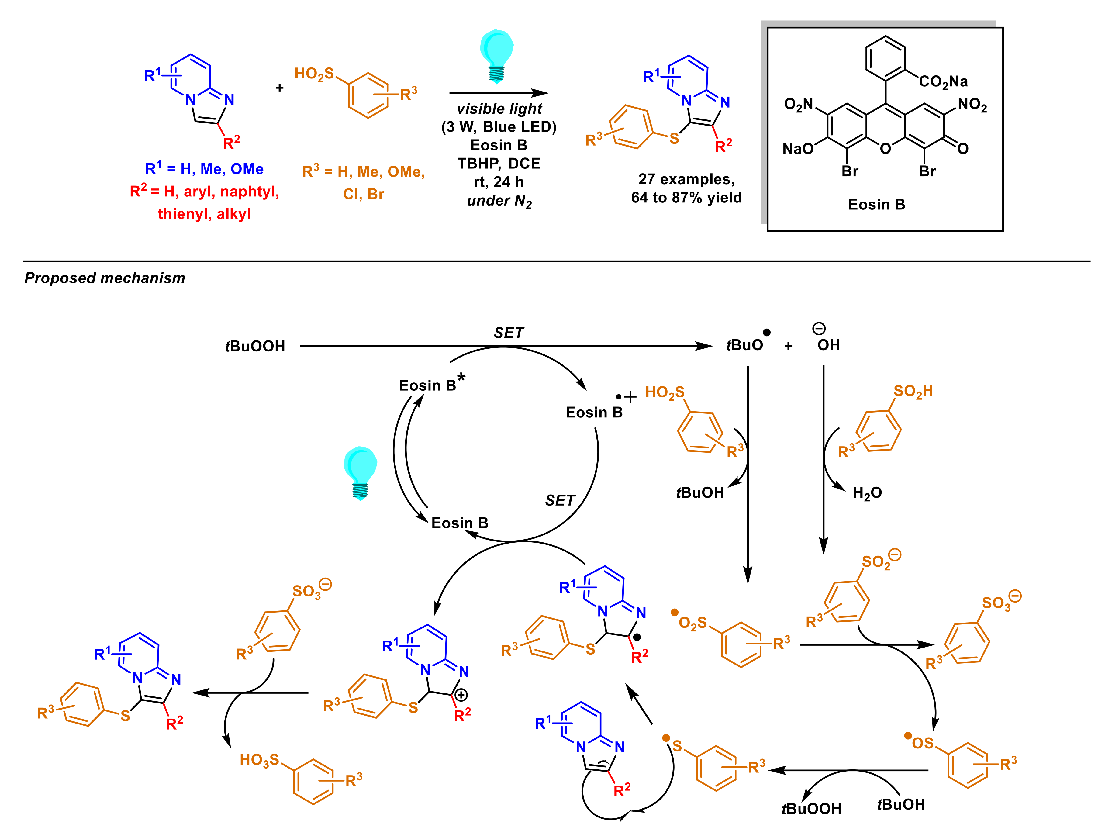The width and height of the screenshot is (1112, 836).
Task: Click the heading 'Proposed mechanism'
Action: tap(105, 278)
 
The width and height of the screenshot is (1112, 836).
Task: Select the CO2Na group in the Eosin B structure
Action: tap(943, 81)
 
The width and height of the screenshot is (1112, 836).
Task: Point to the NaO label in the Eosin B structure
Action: tap(798, 149)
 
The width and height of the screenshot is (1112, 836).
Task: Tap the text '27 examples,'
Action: tap(686, 179)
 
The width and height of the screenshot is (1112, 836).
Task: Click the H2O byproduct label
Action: tap(867, 493)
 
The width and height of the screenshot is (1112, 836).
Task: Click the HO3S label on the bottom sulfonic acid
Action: tap(259, 760)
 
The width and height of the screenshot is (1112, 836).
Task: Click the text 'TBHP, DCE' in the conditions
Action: tap(499, 163)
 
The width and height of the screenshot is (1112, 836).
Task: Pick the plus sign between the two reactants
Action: tap(279, 88)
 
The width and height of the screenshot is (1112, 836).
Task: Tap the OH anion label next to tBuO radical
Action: tap(828, 345)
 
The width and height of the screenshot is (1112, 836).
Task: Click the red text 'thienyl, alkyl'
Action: tap(204, 214)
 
